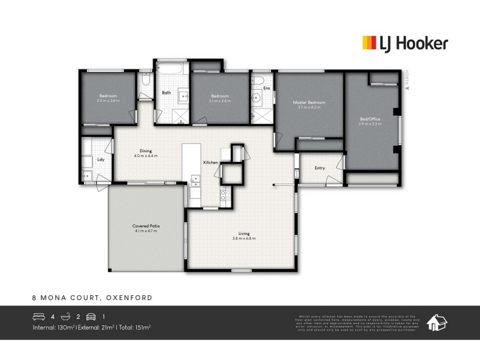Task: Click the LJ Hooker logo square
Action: tap(369, 42)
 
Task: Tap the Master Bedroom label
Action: tap(309, 103)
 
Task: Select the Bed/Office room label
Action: tap(369, 119)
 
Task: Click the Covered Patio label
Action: tap(146, 226)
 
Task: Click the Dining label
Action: tap(146, 151)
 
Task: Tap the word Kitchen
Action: tap(210, 163)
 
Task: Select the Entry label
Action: tap(320, 168)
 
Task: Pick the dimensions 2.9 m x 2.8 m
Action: tap(108, 101)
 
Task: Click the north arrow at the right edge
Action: tap(407, 88)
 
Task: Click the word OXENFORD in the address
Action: tap(129, 297)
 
